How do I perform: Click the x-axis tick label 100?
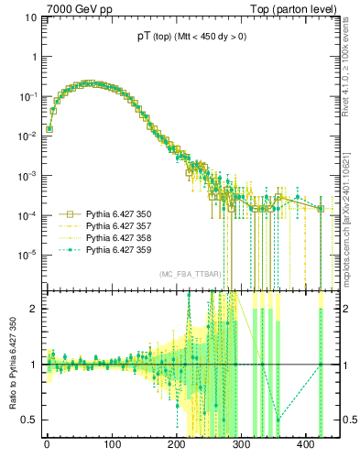(112, 449)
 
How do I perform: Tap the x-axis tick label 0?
(47, 449)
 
